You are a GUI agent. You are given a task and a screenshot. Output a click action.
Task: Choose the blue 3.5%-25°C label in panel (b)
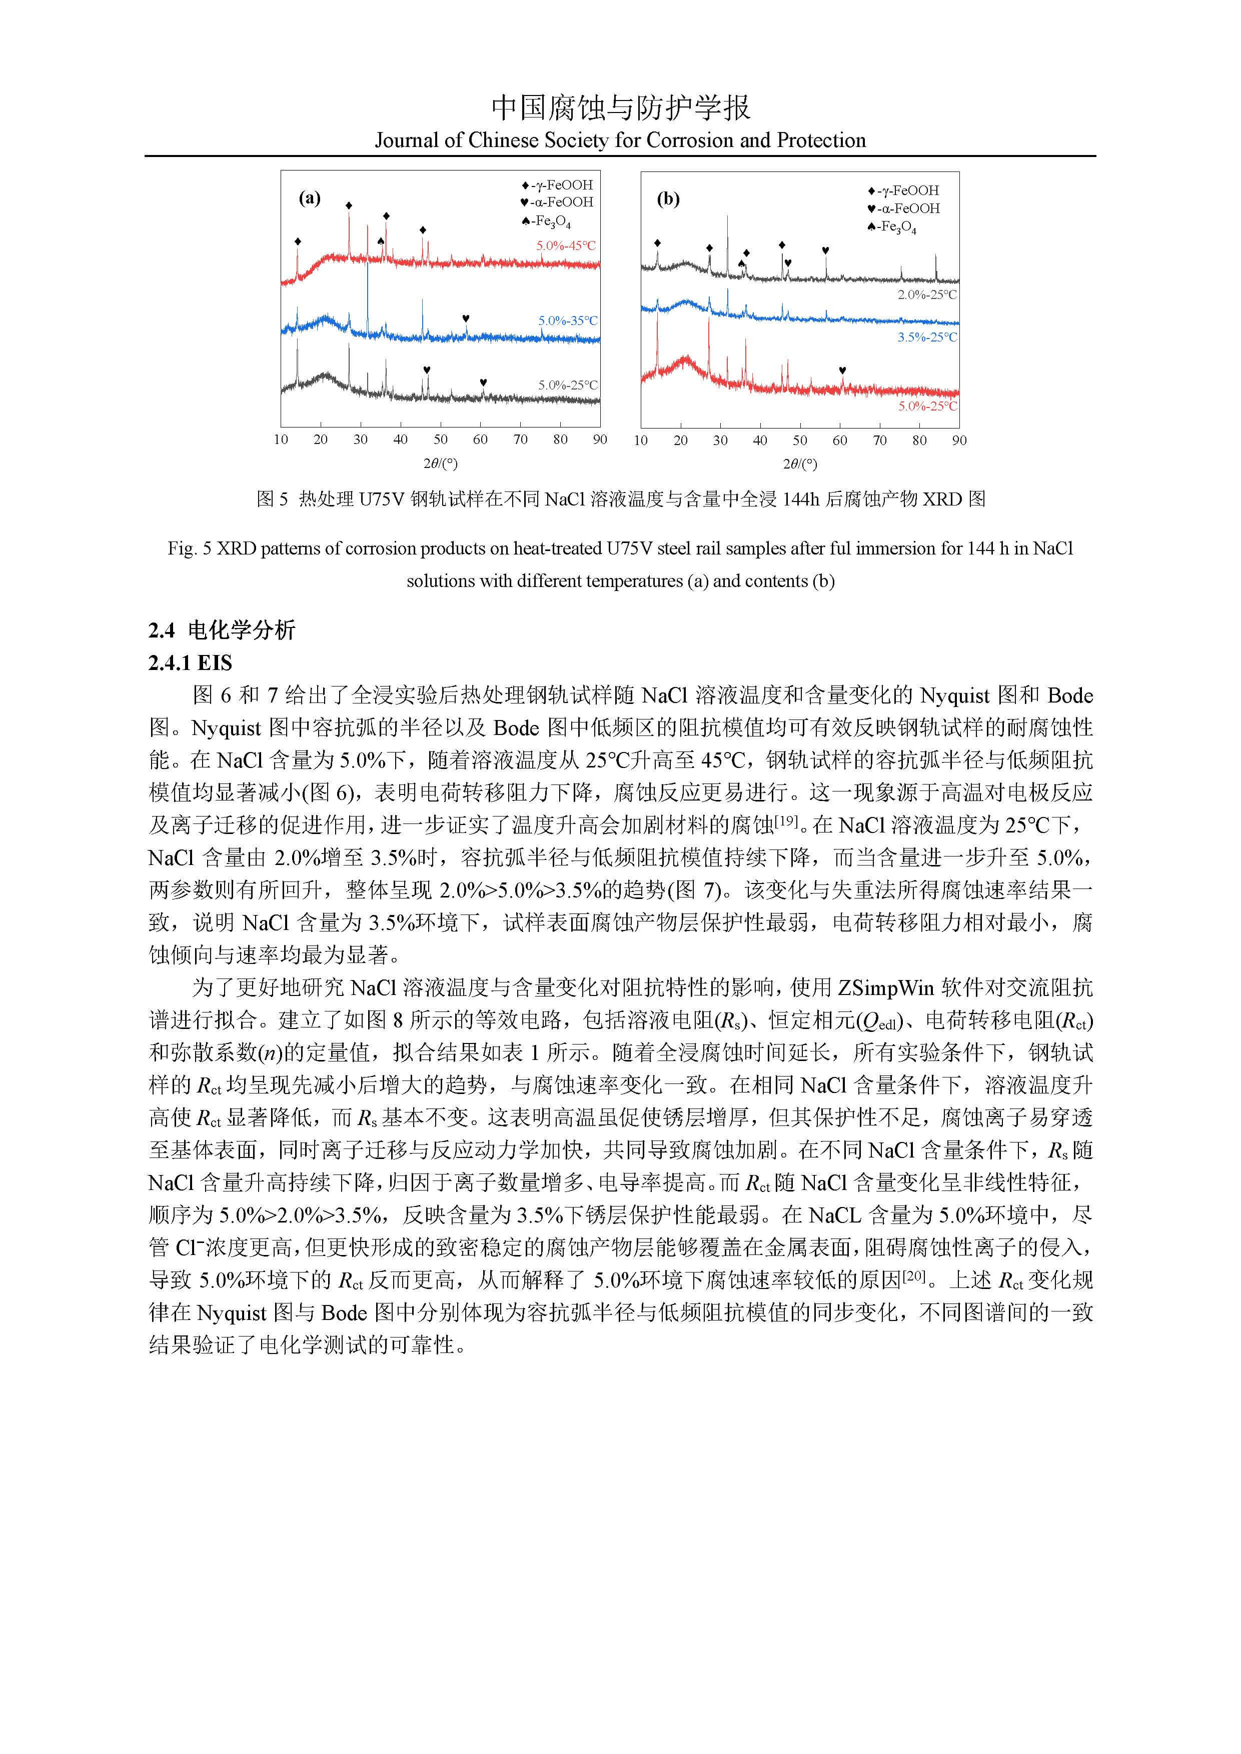pos(927,337)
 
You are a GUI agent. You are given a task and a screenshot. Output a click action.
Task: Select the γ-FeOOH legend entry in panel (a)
pos(557,185)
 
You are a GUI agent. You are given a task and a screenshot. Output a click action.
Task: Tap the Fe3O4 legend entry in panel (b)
pos(892,227)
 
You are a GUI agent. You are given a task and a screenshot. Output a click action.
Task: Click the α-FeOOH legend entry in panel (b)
pos(903,208)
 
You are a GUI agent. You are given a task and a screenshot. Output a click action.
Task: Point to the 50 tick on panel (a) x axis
pos(440,439)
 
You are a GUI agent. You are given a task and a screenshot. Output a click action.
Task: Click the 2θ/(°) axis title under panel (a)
pos(440,463)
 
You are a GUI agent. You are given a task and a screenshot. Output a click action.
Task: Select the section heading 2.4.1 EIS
pos(190,662)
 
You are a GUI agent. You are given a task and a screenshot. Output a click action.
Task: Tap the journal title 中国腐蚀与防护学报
pos(620,107)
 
